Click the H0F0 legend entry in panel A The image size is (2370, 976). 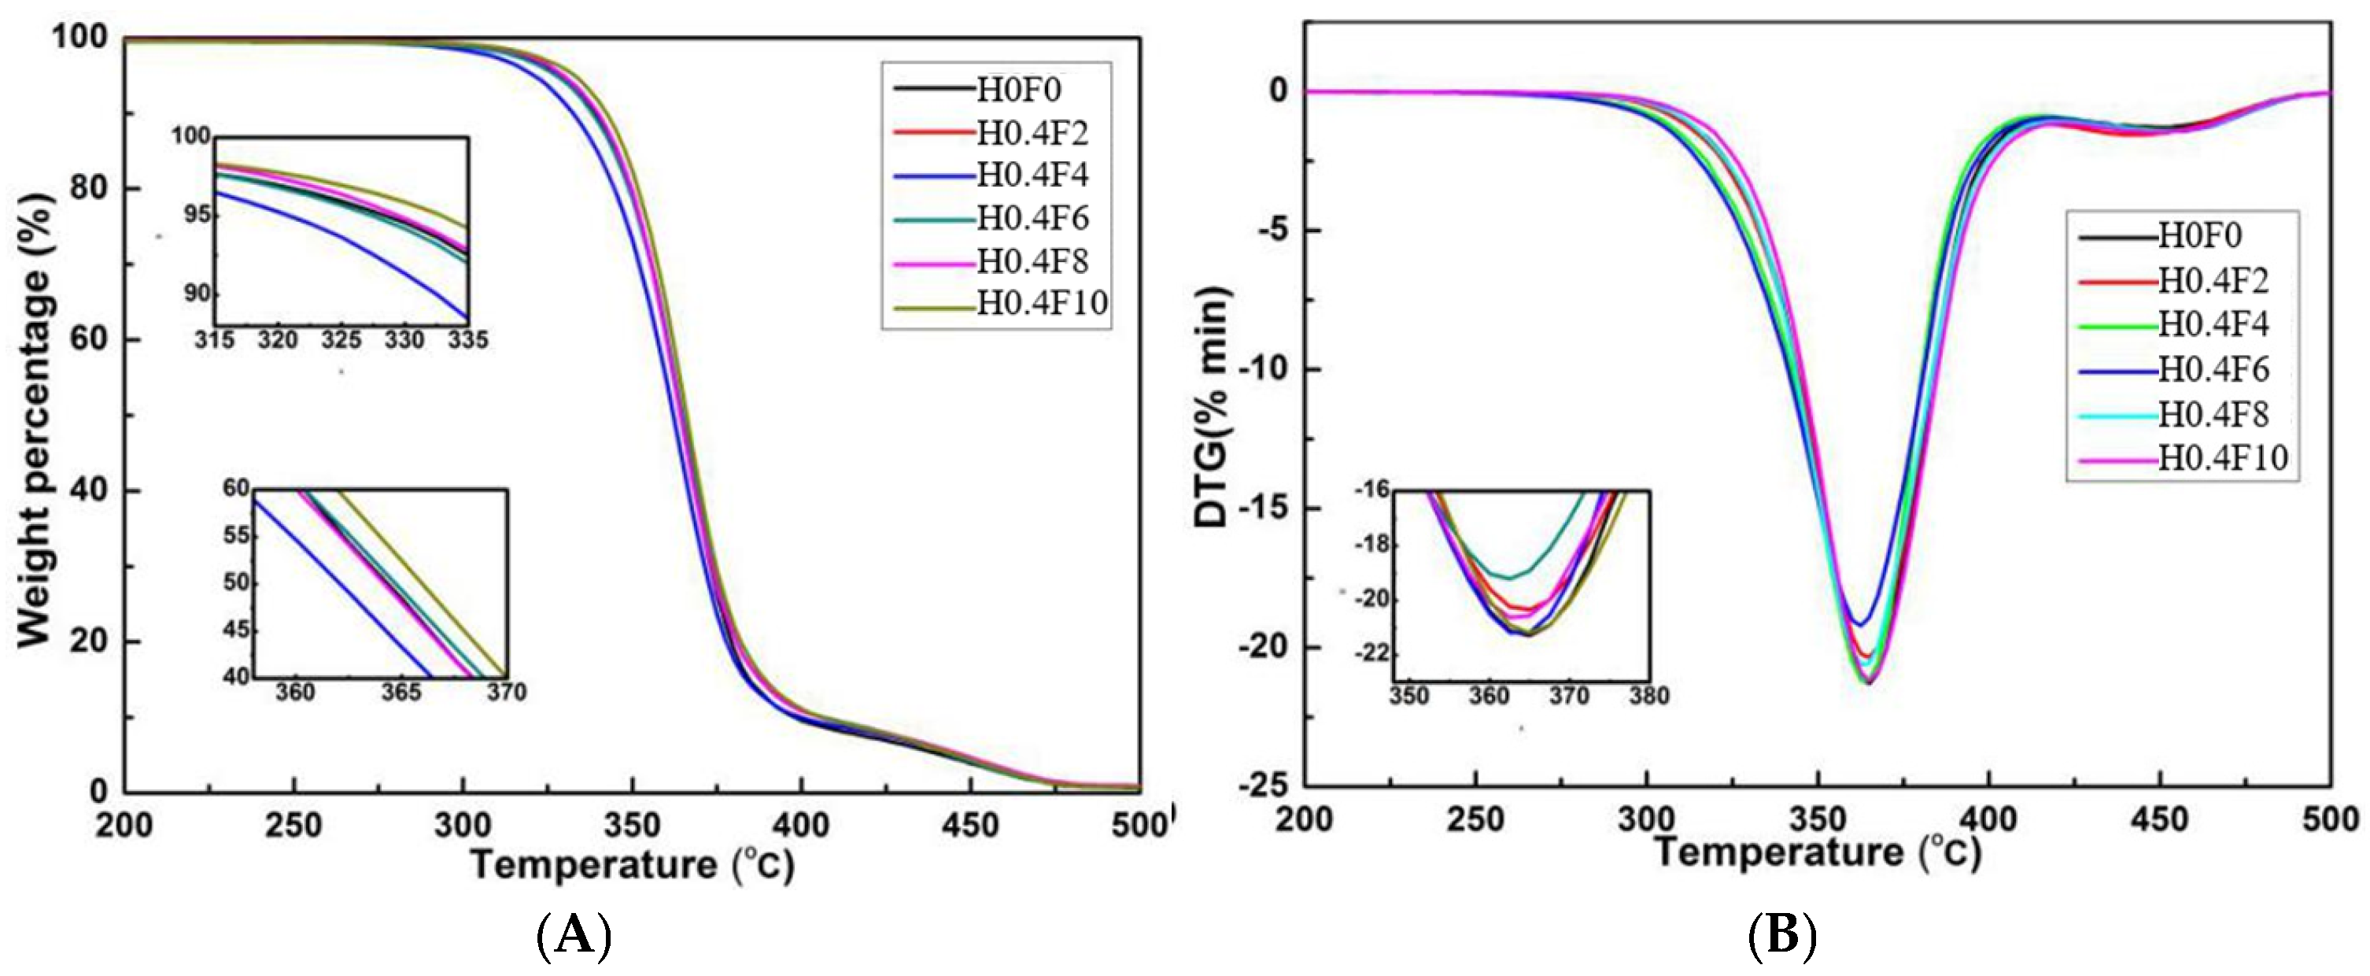click(x=1017, y=88)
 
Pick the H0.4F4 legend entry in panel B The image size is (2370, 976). click(x=2213, y=325)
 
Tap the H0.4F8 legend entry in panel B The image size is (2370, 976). click(x=2213, y=414)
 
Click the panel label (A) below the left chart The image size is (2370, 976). click(x=572, y=937)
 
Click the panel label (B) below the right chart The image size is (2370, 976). click(x=1782, y=937)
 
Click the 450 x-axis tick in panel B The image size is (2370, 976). click(x=2160, y=819)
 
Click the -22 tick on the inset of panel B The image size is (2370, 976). click(x=1371, y=654)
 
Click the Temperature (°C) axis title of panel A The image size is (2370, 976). click(x=632, y=866)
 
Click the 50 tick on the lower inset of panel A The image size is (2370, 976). click(x=236, y=583)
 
